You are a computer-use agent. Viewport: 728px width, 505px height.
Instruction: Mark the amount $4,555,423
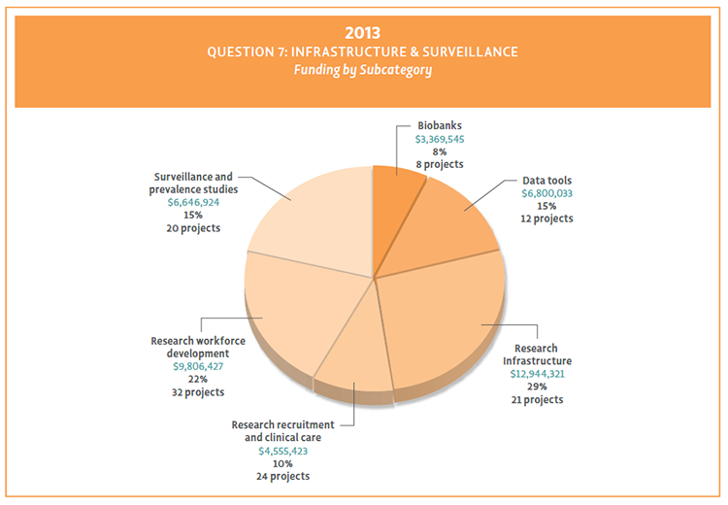click(282, 451)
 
